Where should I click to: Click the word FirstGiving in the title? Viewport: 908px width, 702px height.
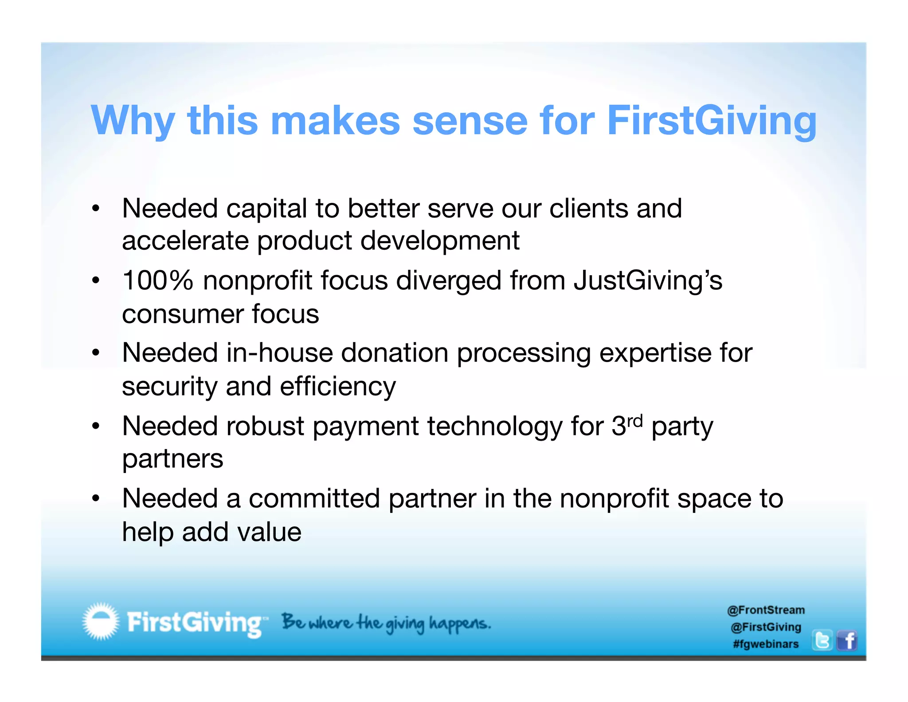pos(711,121)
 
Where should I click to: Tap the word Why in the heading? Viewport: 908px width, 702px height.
pos(133,121)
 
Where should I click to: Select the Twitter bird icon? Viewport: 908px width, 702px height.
pos(822,640)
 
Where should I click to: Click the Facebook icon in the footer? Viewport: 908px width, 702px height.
pos(847,640)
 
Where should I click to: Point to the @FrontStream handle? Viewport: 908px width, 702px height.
pos(766,610)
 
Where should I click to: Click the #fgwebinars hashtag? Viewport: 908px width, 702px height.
pos(766,644)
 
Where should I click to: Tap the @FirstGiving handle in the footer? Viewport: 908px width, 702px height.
pos(766,627)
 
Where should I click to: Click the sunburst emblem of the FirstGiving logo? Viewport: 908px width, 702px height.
pos(101,621)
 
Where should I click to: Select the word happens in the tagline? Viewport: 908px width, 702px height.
pos(460,623)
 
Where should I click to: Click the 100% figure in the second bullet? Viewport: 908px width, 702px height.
pos(158,280)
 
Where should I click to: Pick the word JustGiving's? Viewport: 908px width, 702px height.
pos(648,281)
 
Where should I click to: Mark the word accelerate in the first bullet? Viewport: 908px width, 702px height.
pos(185,241)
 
